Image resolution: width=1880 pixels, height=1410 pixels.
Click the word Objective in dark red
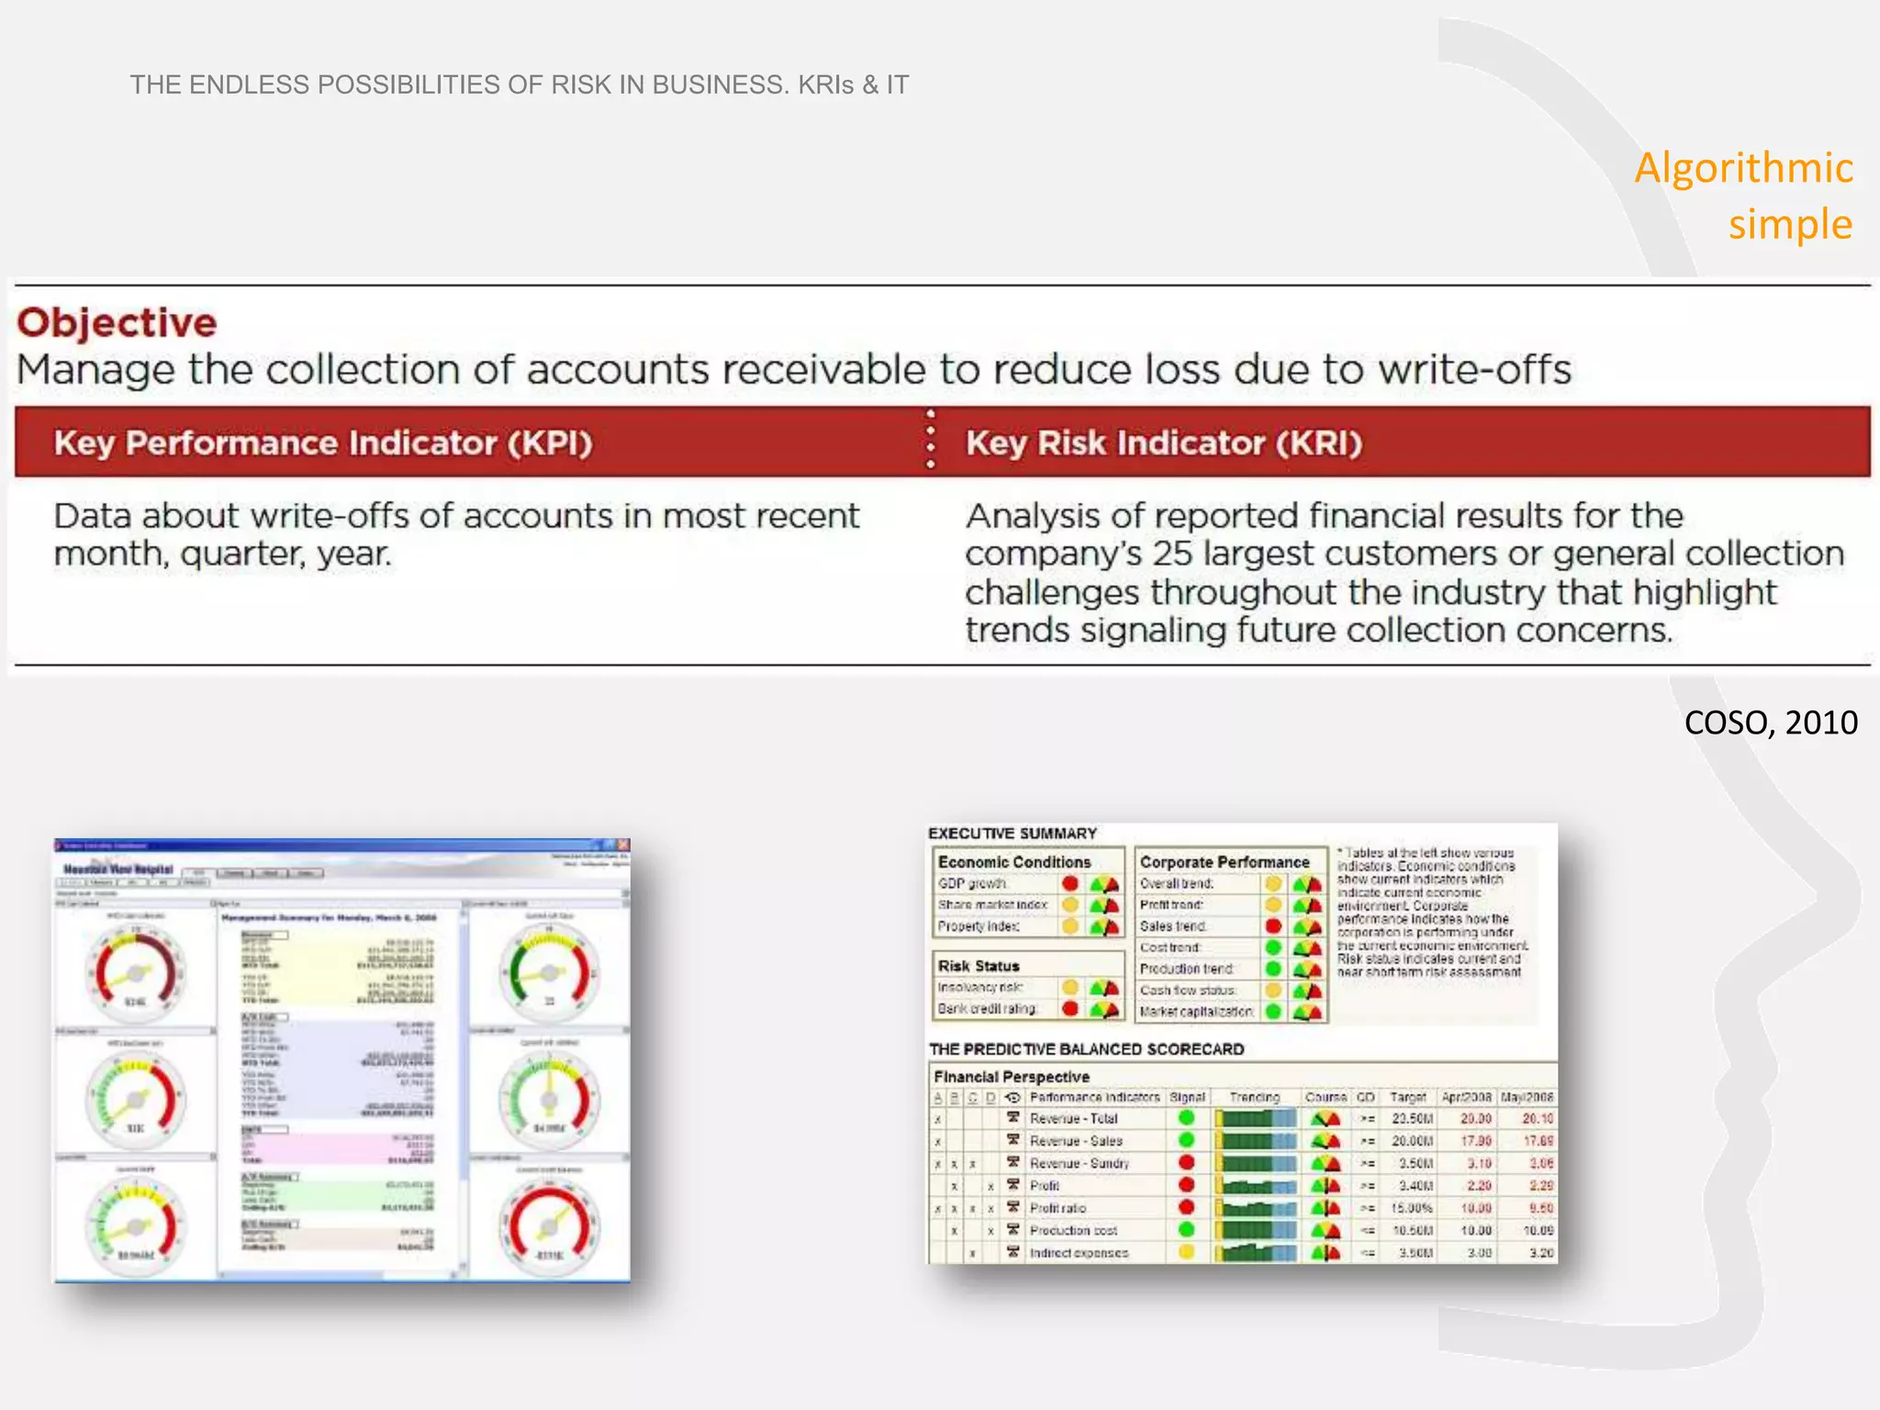click(117, 323)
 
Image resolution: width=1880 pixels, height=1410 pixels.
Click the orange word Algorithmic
click(1743, 168)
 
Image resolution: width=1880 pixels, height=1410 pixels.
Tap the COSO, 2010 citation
click(1770, 722)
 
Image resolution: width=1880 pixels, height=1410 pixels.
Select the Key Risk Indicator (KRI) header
click(1163, 443)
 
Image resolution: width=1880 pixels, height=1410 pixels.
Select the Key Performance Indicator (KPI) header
click(323, 443)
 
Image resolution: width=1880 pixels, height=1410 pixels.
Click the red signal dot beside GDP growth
click(1069, 883)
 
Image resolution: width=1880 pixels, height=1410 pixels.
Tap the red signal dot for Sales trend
click(1273, 925)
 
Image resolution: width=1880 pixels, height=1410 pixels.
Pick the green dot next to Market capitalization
click(1273, 1011)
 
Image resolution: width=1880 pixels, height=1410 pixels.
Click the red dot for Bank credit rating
click(1069, 1008)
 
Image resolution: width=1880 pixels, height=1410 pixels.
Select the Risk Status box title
click(979, 966)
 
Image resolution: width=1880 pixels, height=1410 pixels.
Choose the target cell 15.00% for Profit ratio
click(1412, 1208)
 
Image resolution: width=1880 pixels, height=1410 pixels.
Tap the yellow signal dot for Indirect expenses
click(1186, 1252)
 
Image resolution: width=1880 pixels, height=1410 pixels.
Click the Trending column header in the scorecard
click(1254, 1097)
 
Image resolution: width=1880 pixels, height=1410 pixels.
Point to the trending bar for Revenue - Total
click(1255, 1119)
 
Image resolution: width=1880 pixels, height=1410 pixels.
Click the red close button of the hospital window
click(623, 845)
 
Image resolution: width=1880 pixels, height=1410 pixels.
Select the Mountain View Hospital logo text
click(117, 868)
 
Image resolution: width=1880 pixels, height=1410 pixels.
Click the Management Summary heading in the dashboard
click(329, 917)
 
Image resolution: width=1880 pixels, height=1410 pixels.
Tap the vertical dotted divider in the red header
click(930, 440)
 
